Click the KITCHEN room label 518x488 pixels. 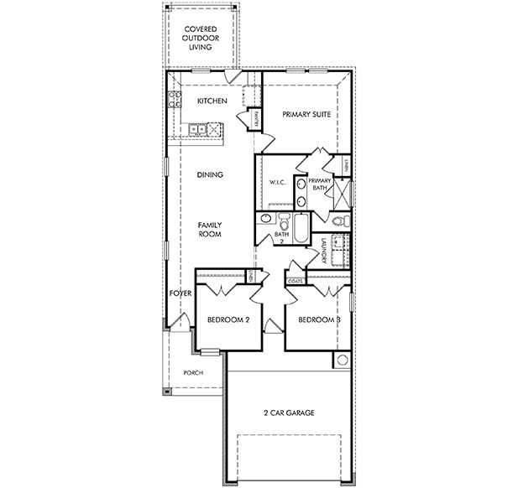point(212,101)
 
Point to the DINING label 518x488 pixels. point(210,175)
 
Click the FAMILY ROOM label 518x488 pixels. point(210,231)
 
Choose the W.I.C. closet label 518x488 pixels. point(278,183)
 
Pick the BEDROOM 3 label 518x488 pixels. point(318,319)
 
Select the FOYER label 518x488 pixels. point(181,294)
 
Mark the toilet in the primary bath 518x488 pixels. point(338,221)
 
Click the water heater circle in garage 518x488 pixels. point(342,361)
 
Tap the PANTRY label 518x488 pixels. point(255,120)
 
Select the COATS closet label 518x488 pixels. point(296,282)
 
